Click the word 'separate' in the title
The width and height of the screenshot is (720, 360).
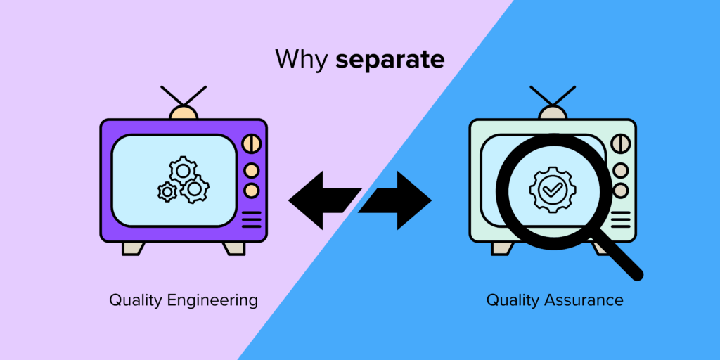pos(390,60)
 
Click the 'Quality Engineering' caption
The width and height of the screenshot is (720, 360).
pos(184,300)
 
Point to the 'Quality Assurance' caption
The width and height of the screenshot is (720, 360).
pos(555,300)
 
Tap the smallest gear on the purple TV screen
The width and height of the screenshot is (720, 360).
pos(167,191)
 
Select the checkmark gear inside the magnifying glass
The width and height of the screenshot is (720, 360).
pos(546,188)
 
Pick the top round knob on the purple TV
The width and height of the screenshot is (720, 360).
pos(251,144)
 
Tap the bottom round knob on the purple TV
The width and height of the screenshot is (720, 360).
pos(251,191)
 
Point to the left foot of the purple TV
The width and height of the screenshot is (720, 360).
pos(133,248)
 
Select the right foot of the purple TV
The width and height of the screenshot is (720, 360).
pos(234,248)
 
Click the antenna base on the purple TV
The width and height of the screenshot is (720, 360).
pos(184,112)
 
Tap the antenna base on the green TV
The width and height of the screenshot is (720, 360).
pos(553,112)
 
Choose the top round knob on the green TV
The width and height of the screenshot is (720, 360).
pos(620,144)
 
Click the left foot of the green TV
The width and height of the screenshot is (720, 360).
pos(502,248)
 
